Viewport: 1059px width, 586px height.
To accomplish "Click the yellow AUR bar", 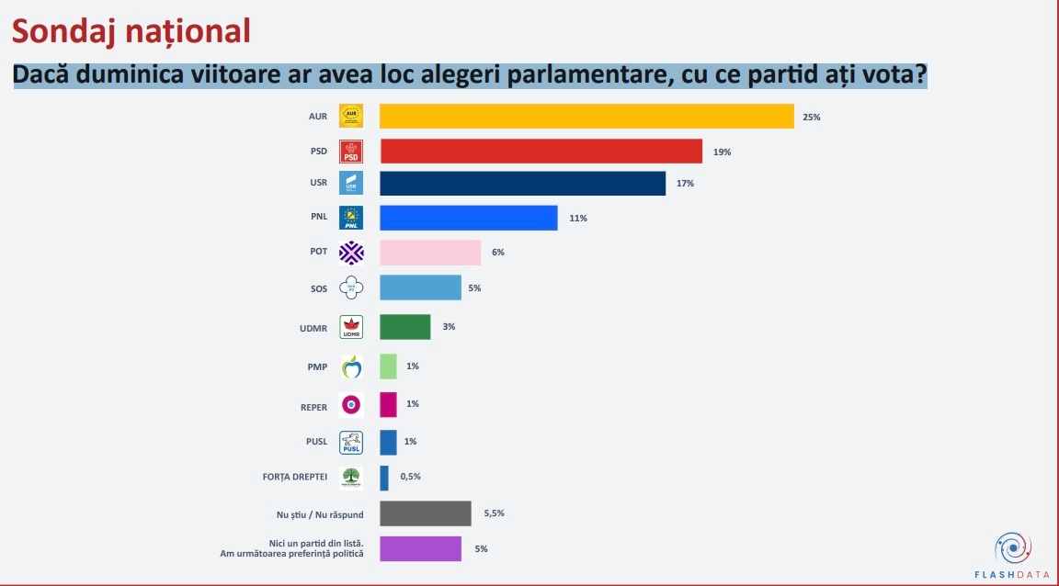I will pyautogui.click(x=586, y=117).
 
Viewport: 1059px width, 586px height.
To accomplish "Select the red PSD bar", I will pyautogui.click(x=541, y=152).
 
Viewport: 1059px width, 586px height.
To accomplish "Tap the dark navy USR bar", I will pyautogui.click(x=522, y=184).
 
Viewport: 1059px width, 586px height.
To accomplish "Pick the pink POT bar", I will pyautogui.click(x=430, y=253).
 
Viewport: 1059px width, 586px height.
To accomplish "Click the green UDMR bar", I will pyautogui.click(x=405, y=327).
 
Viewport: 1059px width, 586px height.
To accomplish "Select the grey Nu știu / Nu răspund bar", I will pyautogui.click(x=425, y=513).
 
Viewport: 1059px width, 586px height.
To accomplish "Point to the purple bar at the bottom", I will pyautogui.click(x=420, y=548).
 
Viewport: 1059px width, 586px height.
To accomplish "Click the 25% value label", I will pyautogui.click(x=811, y=118).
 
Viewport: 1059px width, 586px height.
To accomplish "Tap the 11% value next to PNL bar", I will pyautogui.click(x=577, y=219).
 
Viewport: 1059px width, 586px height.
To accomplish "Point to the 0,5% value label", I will pyautogui.click(x=409, y=476).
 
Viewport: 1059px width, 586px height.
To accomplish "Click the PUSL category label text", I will pyautogui.click(x=315, y=442).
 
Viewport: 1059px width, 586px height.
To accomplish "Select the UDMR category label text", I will pyautogui.click(x=313, y=327).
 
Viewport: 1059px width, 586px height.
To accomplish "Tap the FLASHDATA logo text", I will pyautogui.click(x=1012, y=574).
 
